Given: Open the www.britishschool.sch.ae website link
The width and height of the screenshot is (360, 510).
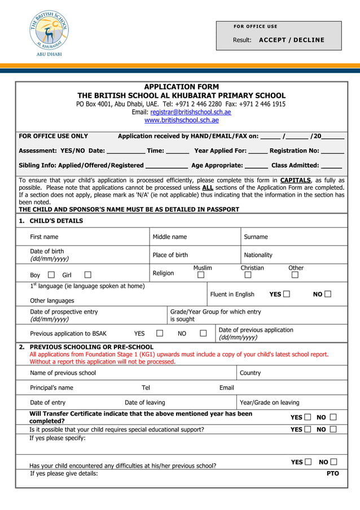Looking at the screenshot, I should tap(181, 120).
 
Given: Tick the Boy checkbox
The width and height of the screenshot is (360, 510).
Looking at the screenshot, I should tap(51, 275).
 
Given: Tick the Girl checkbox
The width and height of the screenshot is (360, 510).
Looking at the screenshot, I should tap(87, 275).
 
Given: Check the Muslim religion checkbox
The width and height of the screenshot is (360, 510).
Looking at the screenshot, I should tap(200, 275).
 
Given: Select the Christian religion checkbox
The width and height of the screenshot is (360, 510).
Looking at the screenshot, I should tap(248, 275).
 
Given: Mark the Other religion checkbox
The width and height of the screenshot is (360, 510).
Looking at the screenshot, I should tap(295, 275).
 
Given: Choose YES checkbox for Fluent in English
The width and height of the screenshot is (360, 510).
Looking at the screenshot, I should tap(287, 294).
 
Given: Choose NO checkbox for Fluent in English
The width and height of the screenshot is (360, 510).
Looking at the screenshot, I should tap(328, 294).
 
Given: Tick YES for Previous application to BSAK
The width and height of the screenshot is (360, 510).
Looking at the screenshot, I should tap(160, 333).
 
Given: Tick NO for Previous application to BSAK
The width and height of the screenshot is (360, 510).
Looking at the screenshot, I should tap(203, 333).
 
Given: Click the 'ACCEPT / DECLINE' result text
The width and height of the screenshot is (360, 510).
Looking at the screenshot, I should tap(291, 40).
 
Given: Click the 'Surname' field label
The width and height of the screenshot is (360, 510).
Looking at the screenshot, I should tap(256, 237).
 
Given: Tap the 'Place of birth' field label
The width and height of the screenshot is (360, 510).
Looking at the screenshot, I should tap(170, 255).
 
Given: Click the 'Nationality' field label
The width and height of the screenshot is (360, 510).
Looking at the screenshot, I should tap(258, 255).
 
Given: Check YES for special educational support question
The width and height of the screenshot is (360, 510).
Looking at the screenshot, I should tap(308, 429).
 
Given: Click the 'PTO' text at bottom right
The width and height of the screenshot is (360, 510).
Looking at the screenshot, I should tap(333, 473).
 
